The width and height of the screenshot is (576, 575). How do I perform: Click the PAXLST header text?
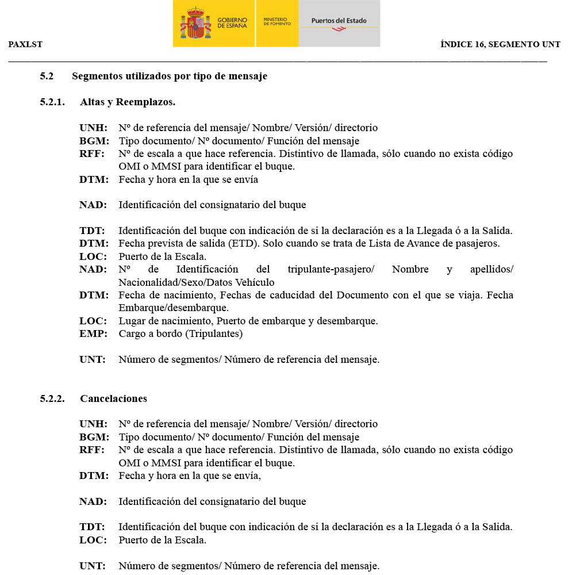(x=25, y=44)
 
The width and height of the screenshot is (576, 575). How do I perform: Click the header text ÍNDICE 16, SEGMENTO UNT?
(x=500, y=44)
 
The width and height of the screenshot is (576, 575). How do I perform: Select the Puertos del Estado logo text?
(x=339, y=21)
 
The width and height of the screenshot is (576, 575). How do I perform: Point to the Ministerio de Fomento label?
(x=277, y=21)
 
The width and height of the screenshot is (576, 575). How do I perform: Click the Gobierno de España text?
(x=232, y=23)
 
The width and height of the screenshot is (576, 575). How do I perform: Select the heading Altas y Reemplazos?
(x=128, y=102)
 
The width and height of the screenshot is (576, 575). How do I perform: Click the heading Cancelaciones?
(x=113, y=398)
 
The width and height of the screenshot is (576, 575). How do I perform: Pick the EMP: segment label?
(x=93, y=333)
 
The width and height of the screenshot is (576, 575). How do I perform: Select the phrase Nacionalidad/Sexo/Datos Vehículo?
(x=197, y=282)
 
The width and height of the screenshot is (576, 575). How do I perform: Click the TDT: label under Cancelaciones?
(x=92, y=527)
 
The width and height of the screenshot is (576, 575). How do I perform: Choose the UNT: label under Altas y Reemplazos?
(x=93, y=360)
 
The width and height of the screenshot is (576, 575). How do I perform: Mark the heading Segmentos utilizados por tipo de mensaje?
(x=170, y=76)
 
